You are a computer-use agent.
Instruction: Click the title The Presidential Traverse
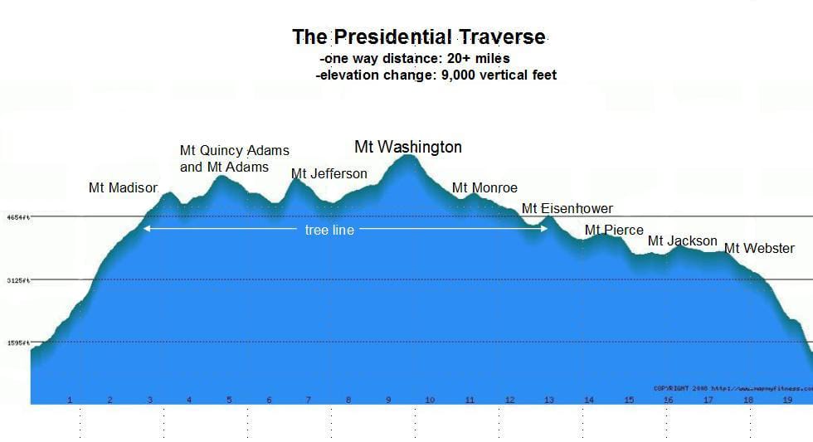click(x=419, y=37)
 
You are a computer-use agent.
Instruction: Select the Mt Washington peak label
click(x=408, y=147)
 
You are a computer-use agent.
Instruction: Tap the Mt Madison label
click(x=123, y=188)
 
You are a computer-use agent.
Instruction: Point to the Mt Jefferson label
click(x=329, y=173)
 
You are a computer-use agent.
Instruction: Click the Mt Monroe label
click(x=484, y=188)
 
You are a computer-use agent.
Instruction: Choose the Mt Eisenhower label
click(x=567, y=209)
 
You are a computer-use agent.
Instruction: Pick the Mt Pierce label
click(x=614, y=230)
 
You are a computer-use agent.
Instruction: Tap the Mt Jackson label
click(x=682, y=241)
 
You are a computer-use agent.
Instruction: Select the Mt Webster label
click(x=759, y=248)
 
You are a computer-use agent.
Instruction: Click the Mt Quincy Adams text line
click(x=235, y=151)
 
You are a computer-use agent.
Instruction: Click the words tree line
click(x=329, y=230)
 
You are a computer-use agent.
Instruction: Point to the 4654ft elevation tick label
click(x=18, y=217)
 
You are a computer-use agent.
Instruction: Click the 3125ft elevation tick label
click(x=18, y=280)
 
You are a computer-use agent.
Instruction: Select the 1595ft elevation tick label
click(x=18, y=342)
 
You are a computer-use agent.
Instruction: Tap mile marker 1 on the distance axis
click(x=70, y=400)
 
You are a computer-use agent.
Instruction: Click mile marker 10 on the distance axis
click(x=429, y=400)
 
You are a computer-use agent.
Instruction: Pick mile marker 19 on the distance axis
click(x=788, y=400)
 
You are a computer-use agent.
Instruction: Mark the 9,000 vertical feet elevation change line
click(x=436, y=75)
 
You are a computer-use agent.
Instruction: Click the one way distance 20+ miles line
click(x=414, y=59)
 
